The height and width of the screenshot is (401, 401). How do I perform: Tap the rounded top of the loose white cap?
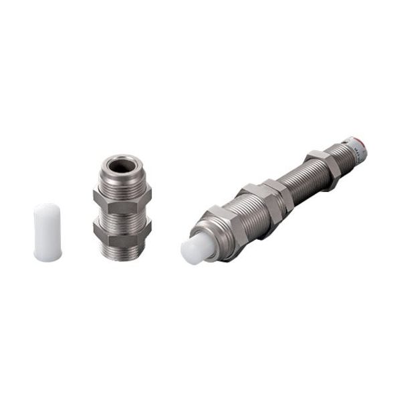pyautogui.click(x=47, y=208)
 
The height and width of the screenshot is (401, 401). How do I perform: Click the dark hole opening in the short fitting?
pyautogui.click(x=123, y=165)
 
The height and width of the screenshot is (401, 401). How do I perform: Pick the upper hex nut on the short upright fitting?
pyautogui.click(x=122, y=198)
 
